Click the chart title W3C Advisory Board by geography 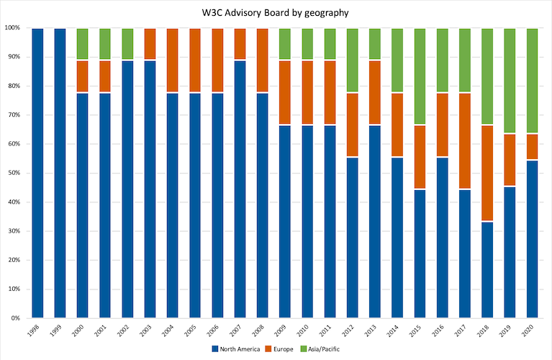(276, 12)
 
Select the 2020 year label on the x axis (531, 333)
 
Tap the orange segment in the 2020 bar (532, 146)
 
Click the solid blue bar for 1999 (60, 173)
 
